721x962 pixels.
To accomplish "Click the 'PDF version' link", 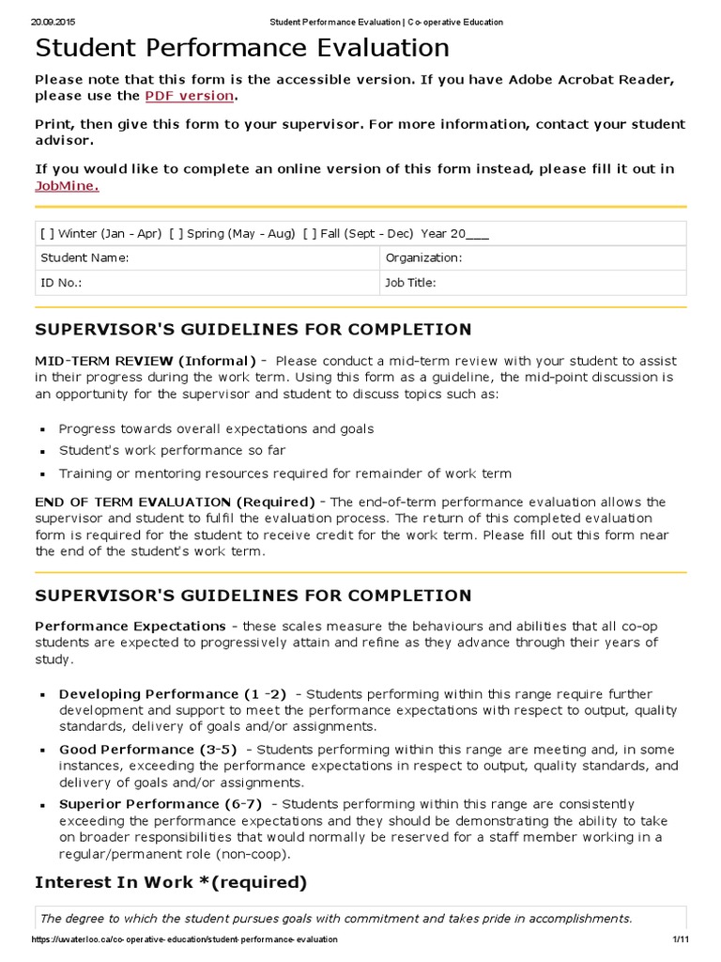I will pyautogui.click(x=189, y=96).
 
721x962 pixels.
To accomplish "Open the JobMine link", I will pyautogui.click(x=66, y=186).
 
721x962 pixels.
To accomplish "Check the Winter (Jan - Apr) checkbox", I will pyautogui.click(x=46, y=234).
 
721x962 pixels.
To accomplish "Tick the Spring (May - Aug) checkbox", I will pyautogui.click(x=175, y=234).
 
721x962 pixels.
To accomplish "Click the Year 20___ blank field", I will pyautogui.click(x=477, y=234).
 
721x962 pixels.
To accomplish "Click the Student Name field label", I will pyautogui.click(x=84, y=257).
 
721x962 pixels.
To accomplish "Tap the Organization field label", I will pyautogui.click(x=423, y=257).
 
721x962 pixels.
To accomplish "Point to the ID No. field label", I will pyautogui.click(x=61, y=283).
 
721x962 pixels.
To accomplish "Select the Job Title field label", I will pyautogui.click(x=410, y=283).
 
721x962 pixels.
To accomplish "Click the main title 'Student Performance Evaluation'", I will pyautogui.click(x=242, y=47).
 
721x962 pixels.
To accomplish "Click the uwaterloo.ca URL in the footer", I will pyautogui.click(x=184, y=939).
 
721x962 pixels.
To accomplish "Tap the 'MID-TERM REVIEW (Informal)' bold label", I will pyautogui.click(x=146, y=361).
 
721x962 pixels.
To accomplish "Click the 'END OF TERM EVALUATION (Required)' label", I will pyautogui.click(x=175, y=502).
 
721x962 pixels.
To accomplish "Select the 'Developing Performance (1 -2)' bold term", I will pyautogui.click(x=173, y=693).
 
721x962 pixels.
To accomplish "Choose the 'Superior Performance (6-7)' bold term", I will pyautogui.click(x=161, y=804).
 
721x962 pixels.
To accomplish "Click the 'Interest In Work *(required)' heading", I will pyautogui.click(x=171, y=882).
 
